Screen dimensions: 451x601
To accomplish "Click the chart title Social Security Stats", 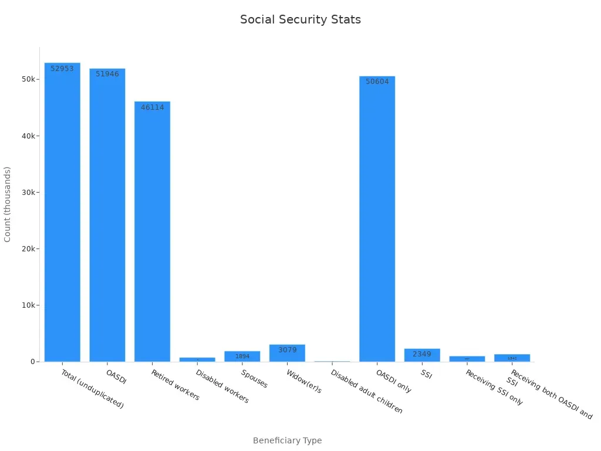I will point(300,19).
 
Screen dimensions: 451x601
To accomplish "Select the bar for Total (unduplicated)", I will point(62,211).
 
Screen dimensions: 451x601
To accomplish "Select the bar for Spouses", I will point(242,356).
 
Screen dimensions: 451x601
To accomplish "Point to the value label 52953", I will point(62,69).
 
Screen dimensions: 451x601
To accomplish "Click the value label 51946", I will point(107,74).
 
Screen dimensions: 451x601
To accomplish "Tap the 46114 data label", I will point(153,107).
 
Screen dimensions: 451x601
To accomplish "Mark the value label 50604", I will point(377,82).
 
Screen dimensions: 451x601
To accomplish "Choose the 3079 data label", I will point(288,350).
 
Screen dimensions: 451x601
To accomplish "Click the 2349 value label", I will point(422,354).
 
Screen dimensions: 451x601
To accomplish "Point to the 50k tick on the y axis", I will point(28,79).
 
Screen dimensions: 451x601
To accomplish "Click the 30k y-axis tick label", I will point(28,193).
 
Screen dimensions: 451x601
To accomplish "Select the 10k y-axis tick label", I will point(28,305).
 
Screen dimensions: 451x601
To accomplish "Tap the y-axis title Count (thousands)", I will point(8,204).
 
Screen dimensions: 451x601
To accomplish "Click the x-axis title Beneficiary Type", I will point(287,440).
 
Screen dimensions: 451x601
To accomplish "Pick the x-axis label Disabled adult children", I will point(367,391).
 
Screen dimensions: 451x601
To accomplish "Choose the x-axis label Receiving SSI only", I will point(494,388).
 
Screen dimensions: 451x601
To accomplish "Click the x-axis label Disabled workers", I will point(222,386).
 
